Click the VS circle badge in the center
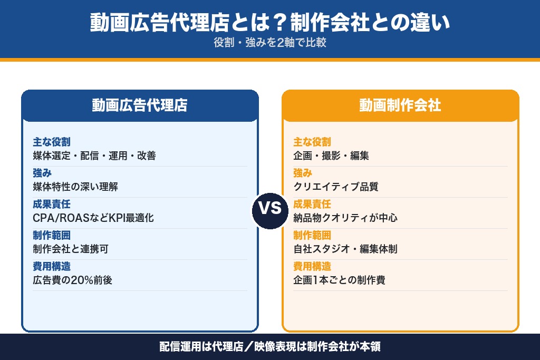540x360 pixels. [x=270, y=208]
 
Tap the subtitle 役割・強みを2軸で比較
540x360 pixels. [x=270, y=43]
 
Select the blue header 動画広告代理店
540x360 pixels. [x=140, y=105]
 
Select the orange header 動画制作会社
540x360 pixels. [x=400, y=105]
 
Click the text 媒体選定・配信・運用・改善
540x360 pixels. [x=94, y=155]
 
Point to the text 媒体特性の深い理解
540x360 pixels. [x=75, y=187]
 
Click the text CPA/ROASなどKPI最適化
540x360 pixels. [x=93, y=218]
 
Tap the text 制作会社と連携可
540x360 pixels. [x=70, y=249]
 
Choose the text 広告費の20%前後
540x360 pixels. [x=72, y=280]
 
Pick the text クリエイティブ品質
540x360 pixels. [x=336, y=187]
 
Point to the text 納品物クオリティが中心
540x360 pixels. [x=345, y=218]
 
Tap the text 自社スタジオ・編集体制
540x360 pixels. [x=345, y=249]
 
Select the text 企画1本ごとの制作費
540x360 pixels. [x=339, y=280]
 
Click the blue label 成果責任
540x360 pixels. [x=51, y=205]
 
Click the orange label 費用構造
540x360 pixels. [x=312, y=267]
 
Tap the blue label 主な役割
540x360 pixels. [x=51, y=142]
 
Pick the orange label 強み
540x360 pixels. [x=303, y=173]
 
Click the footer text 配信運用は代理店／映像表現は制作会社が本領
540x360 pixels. [x=270, y=347]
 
